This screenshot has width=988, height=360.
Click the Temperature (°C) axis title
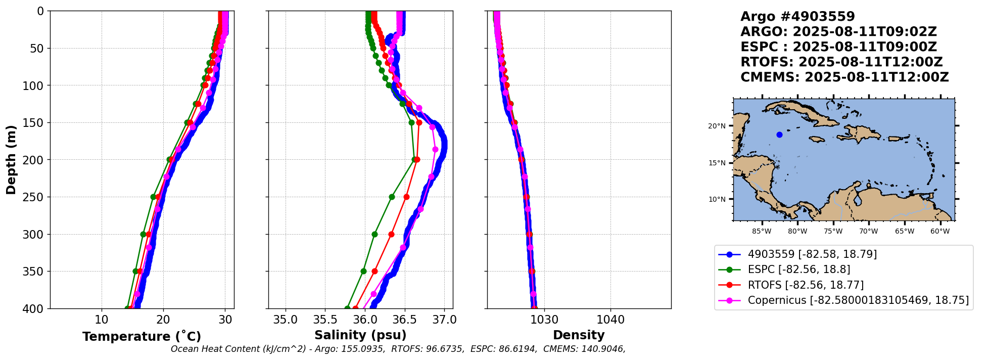point(142,337)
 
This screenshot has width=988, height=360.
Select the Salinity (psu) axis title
point(360,335)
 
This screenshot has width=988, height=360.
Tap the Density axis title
point(579,335)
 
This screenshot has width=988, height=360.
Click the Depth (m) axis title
point(11,160)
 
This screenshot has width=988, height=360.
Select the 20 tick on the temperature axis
point(163,320)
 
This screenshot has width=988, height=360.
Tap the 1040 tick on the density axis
point(610,320)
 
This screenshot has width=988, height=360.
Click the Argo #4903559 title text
point(797,17)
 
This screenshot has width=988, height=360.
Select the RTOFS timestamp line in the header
point(841,62)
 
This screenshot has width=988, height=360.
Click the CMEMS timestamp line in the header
point(844,77)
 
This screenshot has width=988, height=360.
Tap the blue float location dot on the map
point(779,134)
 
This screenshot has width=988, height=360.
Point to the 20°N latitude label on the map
point(717,126)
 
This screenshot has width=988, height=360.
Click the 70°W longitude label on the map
point(869,232)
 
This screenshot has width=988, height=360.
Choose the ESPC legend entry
point(798,269)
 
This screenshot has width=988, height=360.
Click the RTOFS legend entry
point(806,285)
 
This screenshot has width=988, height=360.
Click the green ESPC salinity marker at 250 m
point(392,197)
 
